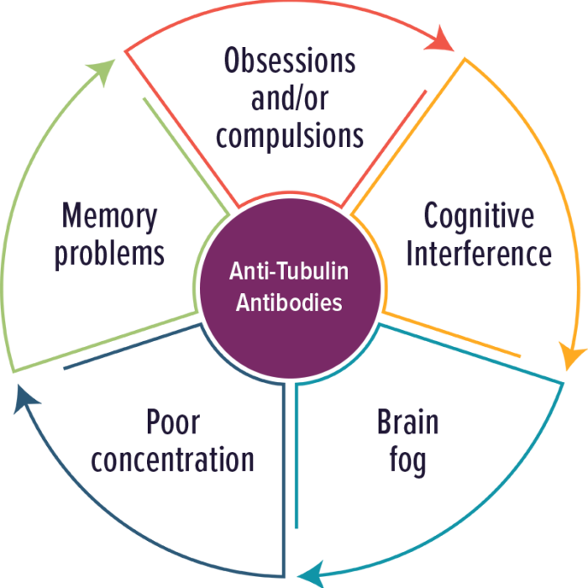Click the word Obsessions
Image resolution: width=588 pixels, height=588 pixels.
click(290, 60)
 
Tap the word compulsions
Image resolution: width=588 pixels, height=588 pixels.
click(290, 136)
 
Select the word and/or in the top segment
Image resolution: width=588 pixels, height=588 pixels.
click(290, 97)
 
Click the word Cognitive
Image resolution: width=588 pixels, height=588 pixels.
click(479, 217)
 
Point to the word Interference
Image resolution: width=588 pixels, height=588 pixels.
click(479, 254)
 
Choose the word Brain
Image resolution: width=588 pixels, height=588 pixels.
click(407, 422)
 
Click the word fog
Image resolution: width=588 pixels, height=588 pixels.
click(407, 461)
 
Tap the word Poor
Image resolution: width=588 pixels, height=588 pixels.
click(173, 422)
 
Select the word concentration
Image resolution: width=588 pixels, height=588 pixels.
click(173, 459)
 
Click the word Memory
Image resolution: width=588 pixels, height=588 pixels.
click(109, 218)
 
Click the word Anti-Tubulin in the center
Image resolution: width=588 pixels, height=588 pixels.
click(289, 270)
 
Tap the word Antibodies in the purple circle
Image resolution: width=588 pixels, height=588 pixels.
click(289, 302)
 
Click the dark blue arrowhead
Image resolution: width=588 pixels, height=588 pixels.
click(25, 398)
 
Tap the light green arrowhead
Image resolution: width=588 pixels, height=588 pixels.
click(102, 71)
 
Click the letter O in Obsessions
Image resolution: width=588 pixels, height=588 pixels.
click(232, 60)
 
